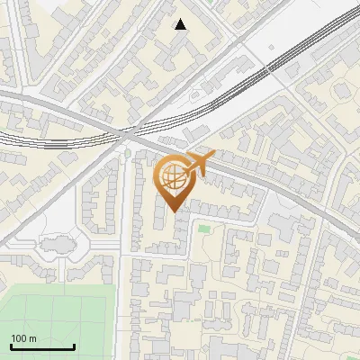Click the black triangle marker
click(181, 24)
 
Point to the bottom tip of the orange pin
click(173, 212)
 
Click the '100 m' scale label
click(23, 338)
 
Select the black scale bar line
click(42, 346)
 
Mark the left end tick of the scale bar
click(11, 346)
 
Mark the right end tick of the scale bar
click(74, 346)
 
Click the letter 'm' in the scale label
click(32, 338)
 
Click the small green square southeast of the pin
click(204, 229)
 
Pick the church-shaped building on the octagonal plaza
click(56, 244)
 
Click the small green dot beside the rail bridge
click(127, 153)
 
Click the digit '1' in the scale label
click(13, 338)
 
